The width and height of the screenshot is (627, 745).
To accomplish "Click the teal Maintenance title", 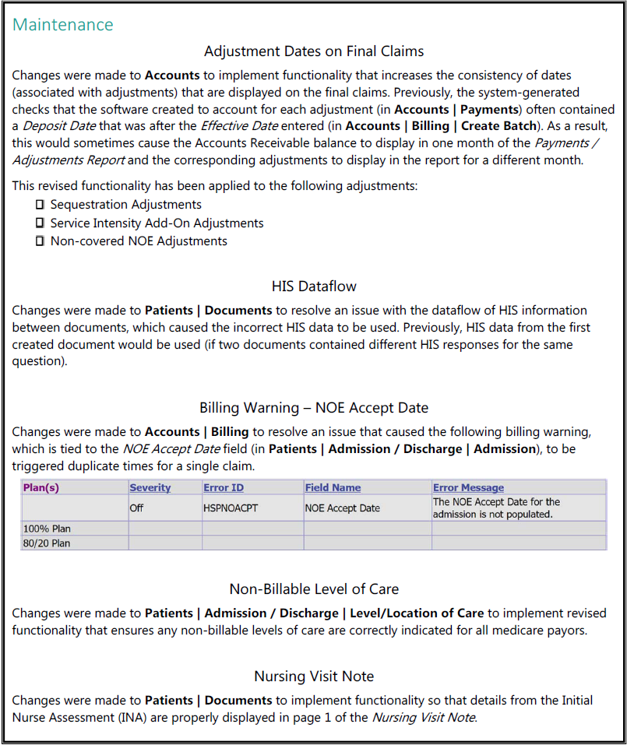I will coord(63,24).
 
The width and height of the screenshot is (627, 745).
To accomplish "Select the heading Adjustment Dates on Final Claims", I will coord(313,51).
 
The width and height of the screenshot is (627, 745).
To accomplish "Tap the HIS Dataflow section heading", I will coord(314,286).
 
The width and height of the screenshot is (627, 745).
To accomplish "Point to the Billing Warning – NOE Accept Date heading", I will coord(313,407).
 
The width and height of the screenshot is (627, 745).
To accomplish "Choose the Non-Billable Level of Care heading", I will coord(314,589).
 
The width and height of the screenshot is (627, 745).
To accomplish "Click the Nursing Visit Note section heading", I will coord(314,676).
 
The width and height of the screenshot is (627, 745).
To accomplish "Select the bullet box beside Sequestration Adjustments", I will coord(40,205).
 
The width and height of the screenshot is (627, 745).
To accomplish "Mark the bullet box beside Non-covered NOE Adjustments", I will coord(40,241).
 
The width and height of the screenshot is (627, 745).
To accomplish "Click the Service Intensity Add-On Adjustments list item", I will coord(157,223).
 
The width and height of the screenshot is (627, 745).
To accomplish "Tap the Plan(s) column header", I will coord(41,487).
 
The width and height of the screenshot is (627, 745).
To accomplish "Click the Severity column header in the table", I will coord(150,487).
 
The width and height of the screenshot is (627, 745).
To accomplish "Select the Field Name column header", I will coord(333,487).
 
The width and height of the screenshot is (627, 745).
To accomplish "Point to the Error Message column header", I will coord(468,487).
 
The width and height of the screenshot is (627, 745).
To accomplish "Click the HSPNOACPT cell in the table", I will coord(230,508).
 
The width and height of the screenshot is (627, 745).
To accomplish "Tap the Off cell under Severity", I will coord(137,508).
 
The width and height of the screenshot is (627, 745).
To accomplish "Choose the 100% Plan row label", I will coord(47,529).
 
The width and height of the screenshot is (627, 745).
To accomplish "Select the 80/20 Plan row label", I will coord(47,543).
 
